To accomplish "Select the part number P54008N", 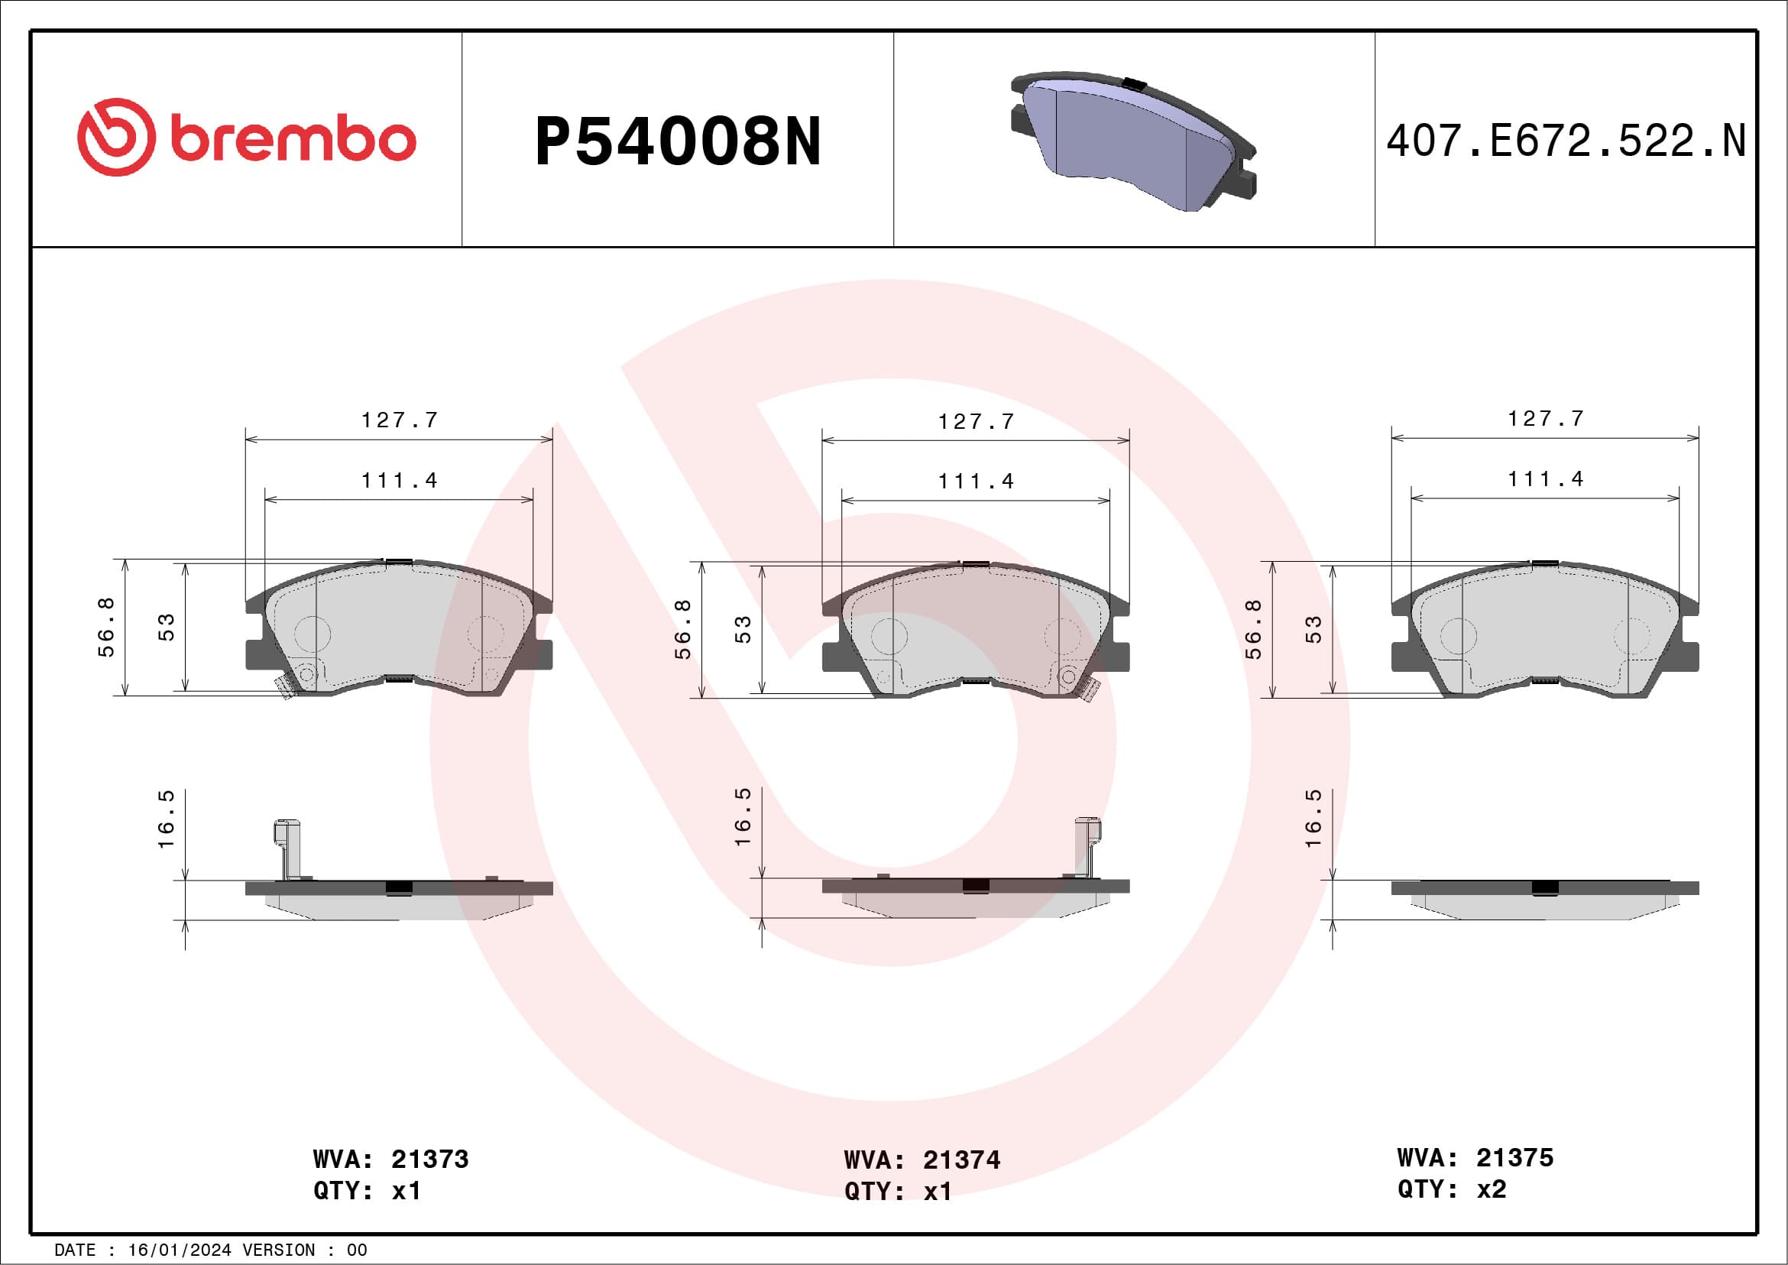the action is [x=678, y=141].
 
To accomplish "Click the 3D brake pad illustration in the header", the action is [x=1133, y=141].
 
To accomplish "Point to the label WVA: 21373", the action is [x=391, y=1159].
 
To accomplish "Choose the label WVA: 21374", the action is [x=922, y=1160].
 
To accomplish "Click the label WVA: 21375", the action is [x=1475, y=1157].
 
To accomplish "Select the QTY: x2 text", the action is [x=1452, y=1189].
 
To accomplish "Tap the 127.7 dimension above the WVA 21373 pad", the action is [x=400, y=420].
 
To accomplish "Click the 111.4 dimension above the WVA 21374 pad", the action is [x=976, y=482].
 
